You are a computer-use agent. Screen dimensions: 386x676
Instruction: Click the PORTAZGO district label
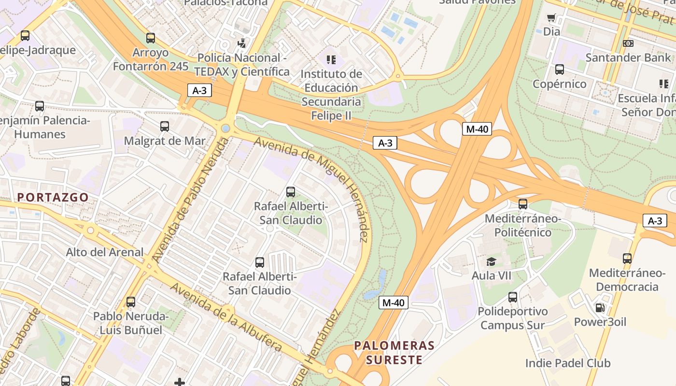coord(53,197)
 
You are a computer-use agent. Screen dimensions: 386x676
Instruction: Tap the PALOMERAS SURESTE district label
coord(394,353)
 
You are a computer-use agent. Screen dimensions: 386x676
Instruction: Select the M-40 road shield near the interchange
coord(477,129)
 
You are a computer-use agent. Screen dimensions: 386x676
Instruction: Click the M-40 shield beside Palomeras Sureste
coord(394,303)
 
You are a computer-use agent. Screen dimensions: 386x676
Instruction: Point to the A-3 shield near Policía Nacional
coord(199,90)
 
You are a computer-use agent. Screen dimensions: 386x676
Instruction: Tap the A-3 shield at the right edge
coord(654,221)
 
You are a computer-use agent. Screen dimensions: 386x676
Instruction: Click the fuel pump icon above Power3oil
coord(599,307)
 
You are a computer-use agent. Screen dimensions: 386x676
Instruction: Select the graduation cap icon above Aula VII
coord(491,262)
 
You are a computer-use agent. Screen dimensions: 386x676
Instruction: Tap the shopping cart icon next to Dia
coord(551,18)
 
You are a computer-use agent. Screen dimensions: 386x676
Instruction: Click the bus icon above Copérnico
coord(559,69)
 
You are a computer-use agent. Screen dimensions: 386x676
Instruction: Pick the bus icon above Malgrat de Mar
coord(165,126)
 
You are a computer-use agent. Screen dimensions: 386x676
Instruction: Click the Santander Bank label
coord(628,57)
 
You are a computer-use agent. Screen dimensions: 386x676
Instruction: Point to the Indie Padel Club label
coord(567,363)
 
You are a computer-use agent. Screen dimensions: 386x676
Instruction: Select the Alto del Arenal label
coord(105,252)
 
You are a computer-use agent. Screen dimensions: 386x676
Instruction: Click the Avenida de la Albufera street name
coord(225,317)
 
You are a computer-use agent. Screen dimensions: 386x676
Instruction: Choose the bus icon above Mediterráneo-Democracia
coord(627,259)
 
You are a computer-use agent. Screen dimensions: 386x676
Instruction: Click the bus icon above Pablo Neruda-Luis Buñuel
coord(130,302)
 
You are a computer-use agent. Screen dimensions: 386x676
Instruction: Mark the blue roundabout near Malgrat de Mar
coord(225,128)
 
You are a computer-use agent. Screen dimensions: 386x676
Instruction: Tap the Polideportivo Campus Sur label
coord(512,318)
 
